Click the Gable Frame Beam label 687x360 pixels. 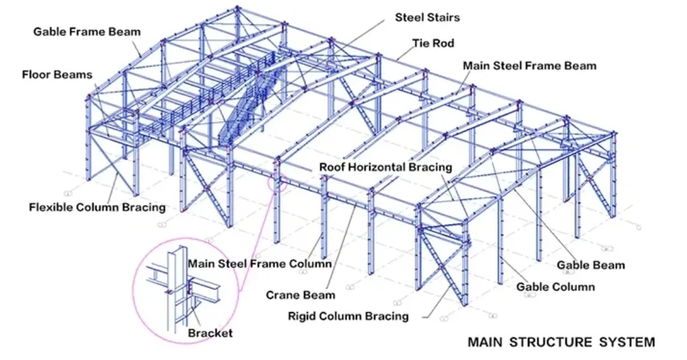click(x=87, y=31)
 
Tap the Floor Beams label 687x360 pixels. click(x=57, y=75)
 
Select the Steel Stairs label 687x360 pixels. click(x=428, y=18)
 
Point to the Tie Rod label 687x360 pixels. click(x=433, y=44)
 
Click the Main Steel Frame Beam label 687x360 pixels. click(x=529, y=66)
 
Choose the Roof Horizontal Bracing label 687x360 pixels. click(x=385, y=167)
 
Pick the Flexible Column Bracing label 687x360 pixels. click(x=97, y=208)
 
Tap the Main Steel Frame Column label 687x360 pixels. click(x=259, y=264)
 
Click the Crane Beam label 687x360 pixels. click(x=300, y=295)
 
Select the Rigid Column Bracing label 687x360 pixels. click(x=348, y=317)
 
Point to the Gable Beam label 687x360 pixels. click(x=591, y=265)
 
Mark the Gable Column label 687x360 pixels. click(x=555, y=286)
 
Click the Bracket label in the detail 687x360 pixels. click(x=210, y=333)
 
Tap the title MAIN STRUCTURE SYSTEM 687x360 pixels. click(x=561, y=341)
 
